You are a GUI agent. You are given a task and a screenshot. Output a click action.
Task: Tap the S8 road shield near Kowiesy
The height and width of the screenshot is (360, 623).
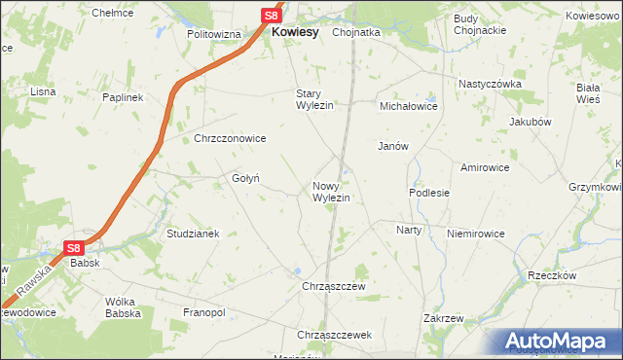pos(273,16)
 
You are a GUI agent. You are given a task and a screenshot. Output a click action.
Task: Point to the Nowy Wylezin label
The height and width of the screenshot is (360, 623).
pos(331,192)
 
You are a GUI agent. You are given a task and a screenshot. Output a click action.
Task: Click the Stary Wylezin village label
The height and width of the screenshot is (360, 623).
pos(315,99)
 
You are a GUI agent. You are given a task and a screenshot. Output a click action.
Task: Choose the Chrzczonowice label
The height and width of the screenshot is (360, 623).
pos(230,138)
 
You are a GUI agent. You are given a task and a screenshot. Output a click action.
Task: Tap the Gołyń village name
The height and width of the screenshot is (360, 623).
pos(243,178)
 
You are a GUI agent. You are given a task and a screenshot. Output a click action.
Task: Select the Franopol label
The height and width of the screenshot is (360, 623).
pos(204,312)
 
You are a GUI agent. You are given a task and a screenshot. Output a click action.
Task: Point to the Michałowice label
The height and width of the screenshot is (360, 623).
pos(409,105)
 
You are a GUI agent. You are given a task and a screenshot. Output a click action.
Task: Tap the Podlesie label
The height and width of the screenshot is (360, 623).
pos(429,193)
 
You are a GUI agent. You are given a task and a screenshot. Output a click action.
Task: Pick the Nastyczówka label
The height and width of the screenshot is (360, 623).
pos(491,84)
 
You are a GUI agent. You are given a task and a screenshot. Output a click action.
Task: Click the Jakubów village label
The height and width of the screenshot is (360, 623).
pos(531,122)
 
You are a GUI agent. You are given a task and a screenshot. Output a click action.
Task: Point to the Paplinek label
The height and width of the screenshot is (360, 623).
pos(124,97)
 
